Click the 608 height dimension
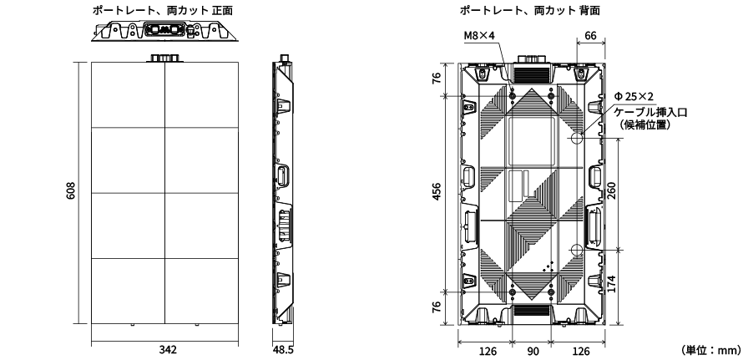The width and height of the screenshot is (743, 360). (72, 192)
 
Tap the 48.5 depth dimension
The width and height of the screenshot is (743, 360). (284, 347)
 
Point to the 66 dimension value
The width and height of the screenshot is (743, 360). (590, 37)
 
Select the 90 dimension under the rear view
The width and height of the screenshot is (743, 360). (531, 351)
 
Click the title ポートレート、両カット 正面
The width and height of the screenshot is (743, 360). (167, 9)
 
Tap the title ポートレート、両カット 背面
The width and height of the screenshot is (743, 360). (529, 9)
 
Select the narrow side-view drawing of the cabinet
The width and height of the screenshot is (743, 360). (284, 192)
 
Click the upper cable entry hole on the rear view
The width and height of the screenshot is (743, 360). (576, 134)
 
